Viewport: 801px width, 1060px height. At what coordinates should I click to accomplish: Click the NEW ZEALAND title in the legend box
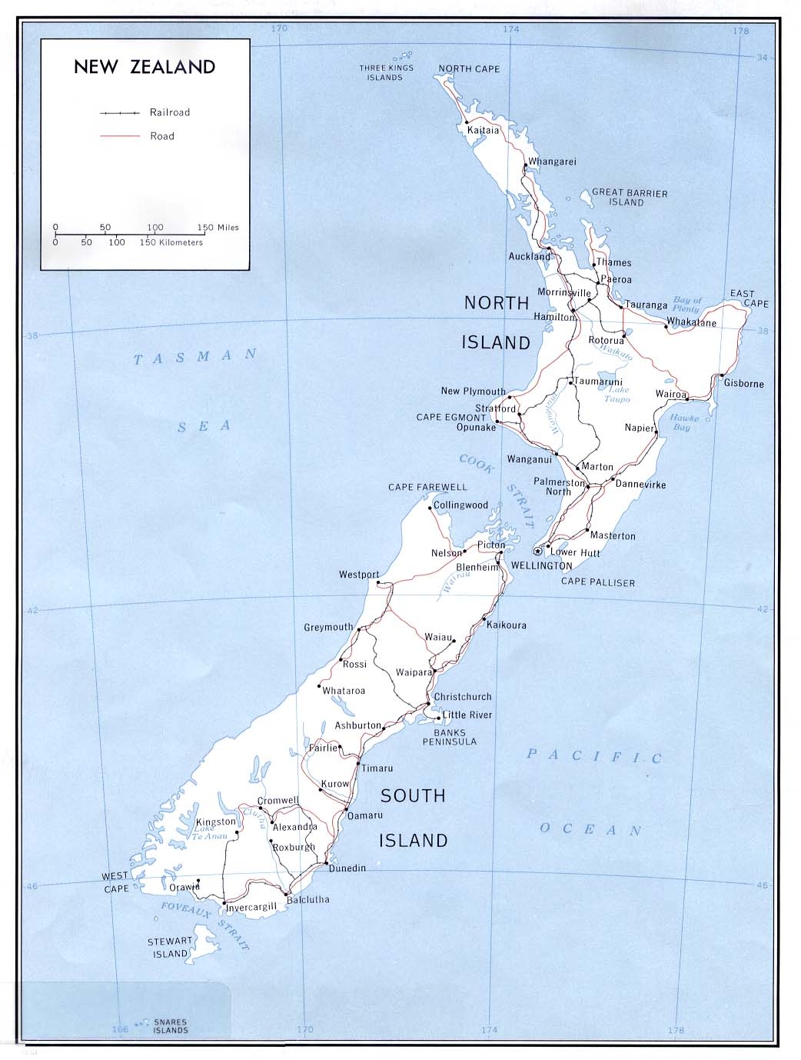[x=145, y=67]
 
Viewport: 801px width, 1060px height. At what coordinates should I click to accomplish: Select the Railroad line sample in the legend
[x=119, y=113]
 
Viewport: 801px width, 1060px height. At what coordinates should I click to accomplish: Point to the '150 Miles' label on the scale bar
[x=218, y=228]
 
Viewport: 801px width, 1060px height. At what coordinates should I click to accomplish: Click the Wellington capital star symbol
[x=538, y=551]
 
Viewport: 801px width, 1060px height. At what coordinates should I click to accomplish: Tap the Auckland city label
[x=529, y=256]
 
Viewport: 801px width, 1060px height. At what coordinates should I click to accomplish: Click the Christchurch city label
[x=463, y=697]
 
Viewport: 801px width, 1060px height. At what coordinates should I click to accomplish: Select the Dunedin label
[x=347, y=868]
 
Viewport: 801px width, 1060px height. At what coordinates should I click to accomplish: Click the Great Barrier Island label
[x=630, y=198]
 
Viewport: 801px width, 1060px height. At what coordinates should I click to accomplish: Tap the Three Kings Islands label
[x=386, y=72]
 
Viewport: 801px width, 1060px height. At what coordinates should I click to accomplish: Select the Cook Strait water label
[x=497, y=490]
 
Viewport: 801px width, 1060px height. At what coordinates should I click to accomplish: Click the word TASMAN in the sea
[x=195, y=357]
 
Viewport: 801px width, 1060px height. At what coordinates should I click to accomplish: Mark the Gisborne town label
[x=743, y=383]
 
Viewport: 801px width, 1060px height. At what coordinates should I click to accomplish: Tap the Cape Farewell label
[x=427, y=487]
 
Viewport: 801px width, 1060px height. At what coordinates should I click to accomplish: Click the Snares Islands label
[x=170, y=1026]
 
